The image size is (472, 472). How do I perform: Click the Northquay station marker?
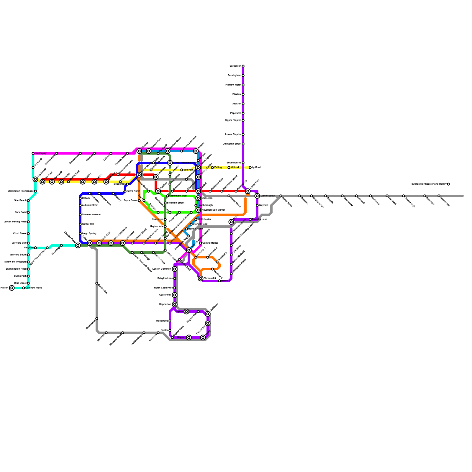(x=33, y=153)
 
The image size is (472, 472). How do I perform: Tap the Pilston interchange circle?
(x=12, y=288)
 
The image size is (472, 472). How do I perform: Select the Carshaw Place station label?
(x=34, y=288)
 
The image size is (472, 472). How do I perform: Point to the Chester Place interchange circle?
(x=78, y=245)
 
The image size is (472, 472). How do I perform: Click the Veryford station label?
(x=29, y=248)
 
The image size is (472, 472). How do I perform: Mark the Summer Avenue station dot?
(x=80, y=215)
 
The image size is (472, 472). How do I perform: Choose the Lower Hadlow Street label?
(x=184, y=163)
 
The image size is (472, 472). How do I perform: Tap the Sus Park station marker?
(x=182, y=170)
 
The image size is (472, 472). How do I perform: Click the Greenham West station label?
(x=178, y=196)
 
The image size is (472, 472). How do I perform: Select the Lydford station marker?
(x=250, y=168)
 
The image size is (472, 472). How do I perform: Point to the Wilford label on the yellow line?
(x=235, y=168)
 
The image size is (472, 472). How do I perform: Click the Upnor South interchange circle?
(x=257, y=196)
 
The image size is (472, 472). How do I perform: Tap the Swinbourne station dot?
(x=243, y=163)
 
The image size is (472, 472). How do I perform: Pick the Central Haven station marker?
(x=201, y=243)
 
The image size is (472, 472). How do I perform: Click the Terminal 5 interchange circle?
(x=201, y=278)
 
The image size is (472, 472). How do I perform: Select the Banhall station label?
(x=225, y=281)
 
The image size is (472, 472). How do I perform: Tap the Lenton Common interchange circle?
(x=175, y=269)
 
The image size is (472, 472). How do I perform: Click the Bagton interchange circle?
(x=189, y=337)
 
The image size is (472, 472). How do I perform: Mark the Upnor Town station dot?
(x=281, y=196)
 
